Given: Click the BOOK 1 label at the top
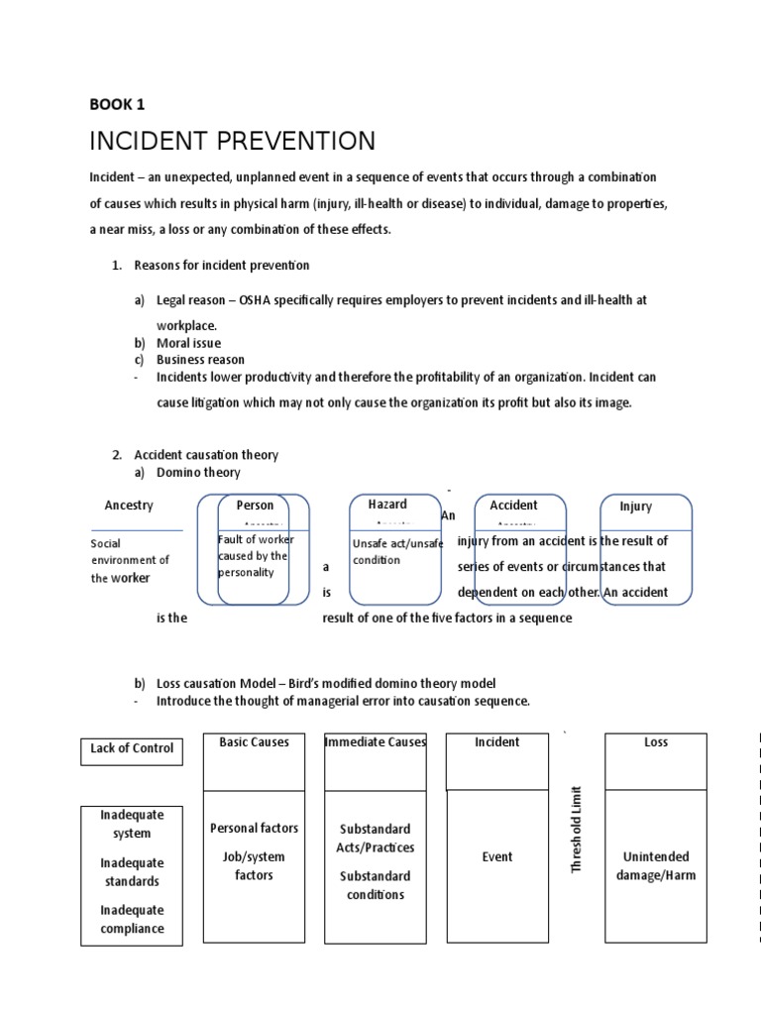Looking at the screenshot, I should (x=117, y=104).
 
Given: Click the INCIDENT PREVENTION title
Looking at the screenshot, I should (x=232, y=141).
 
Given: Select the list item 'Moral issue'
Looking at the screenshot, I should (x=188, y=343).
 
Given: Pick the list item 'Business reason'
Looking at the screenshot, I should (x=200, y=360).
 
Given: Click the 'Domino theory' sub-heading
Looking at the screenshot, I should (x=198, y=472).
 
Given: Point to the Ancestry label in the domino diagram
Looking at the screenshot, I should (x=129, y=506).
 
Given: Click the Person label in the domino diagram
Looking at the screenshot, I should (x=255, y=506).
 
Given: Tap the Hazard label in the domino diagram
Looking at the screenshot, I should (x=387, y=505).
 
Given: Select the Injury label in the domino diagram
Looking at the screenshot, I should (x=636, y=507).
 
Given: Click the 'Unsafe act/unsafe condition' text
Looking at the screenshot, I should (x=397, y=552).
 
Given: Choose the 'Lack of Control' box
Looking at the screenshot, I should (x=132, y=748).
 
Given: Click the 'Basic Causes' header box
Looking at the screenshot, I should (x=255, y=742).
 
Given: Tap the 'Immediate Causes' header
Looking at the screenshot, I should (x=376, y=742).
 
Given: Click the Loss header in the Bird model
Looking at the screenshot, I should (x=656, y=742).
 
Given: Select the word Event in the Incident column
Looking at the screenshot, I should (x=496, y=857).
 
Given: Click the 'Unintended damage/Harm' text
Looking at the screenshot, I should (x=656, y=866).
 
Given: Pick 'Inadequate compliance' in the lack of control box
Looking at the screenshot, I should (x=132, y=919).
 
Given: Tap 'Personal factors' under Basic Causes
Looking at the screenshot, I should (x=255, y=828).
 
